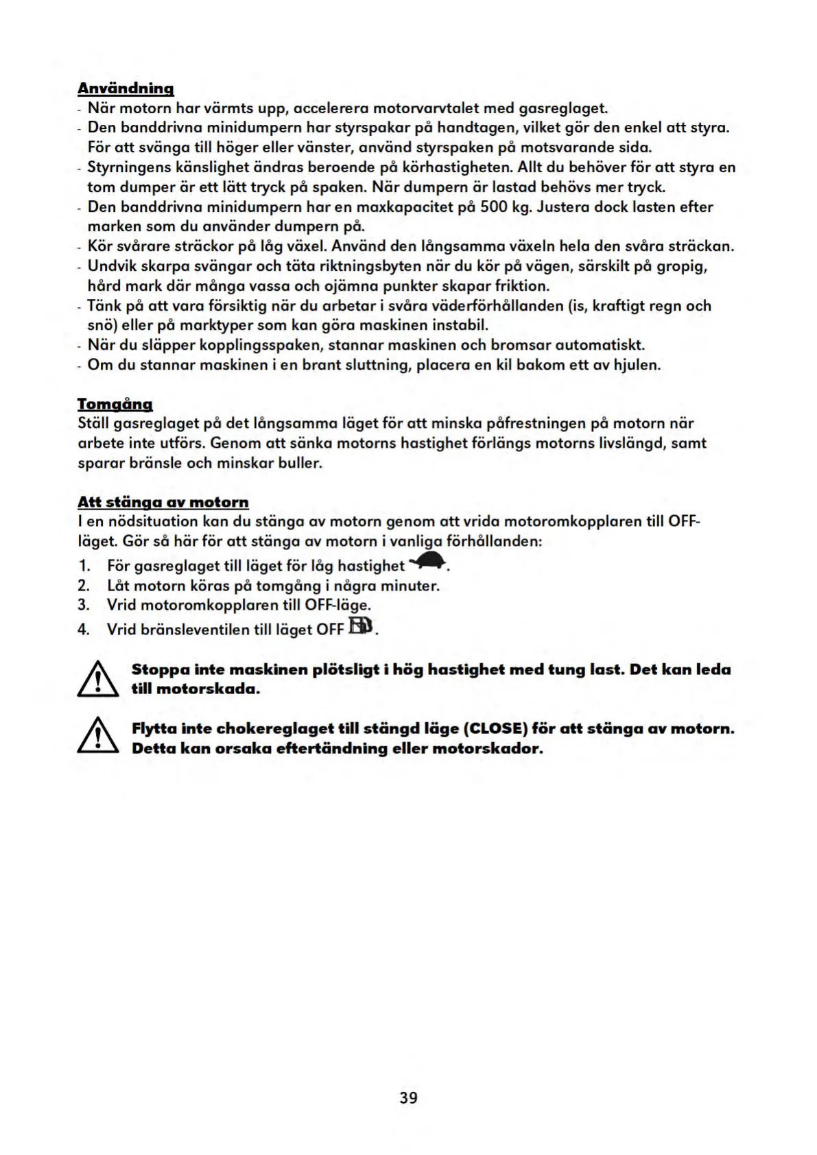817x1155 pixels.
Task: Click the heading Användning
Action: click(x=126, y=88)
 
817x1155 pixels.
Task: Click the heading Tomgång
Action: click(x=115, y=404)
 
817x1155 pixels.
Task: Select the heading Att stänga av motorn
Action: click(x=163, y=502)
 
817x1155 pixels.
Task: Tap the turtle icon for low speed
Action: click(x=428, y=563)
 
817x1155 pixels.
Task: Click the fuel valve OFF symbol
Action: click(x=362, y=626)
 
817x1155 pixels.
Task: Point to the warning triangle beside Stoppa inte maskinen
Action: click(x=98, y=679)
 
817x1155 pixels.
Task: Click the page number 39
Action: click(x=408, y=1097)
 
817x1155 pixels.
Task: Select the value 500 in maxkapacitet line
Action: click(x=493, y=207)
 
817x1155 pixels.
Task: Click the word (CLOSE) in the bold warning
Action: click(x=491, y=728)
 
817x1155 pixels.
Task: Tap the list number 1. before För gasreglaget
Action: click(x=84, y=566)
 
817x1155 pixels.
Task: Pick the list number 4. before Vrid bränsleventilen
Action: click(x=84, y=630)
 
